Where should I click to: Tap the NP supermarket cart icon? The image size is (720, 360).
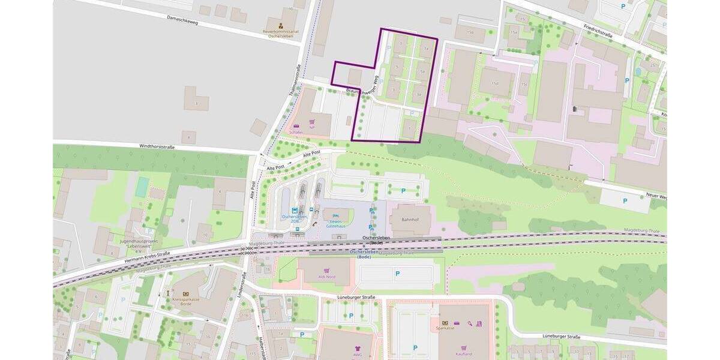[x=312, y=120]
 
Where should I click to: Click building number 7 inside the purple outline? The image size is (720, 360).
[x=400, y=44]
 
